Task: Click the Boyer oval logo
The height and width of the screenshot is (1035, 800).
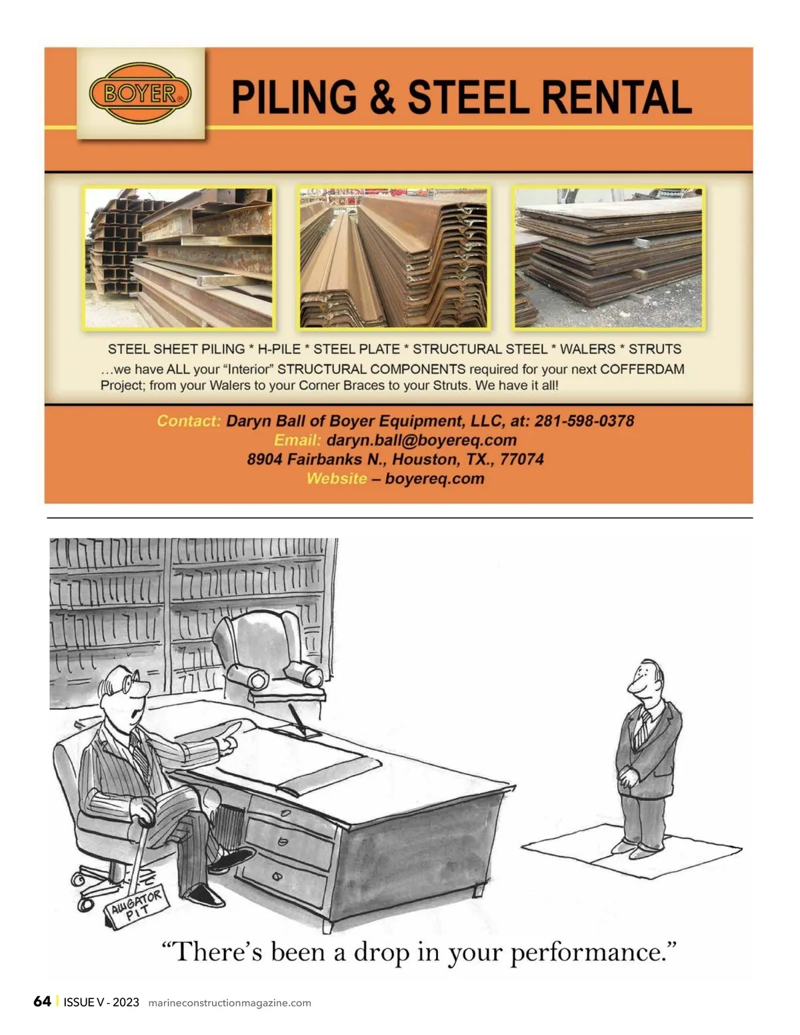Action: point(140,93)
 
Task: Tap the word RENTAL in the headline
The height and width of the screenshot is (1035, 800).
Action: point(617,97)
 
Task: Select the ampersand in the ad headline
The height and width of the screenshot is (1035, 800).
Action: point(382,97)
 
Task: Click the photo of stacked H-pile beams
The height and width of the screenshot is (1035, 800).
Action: point(179,258)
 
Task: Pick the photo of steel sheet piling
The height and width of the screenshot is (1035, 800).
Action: point(393,258)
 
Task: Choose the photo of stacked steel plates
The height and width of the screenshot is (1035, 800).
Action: point(609,258)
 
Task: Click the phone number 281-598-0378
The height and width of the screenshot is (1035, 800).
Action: point(584,421)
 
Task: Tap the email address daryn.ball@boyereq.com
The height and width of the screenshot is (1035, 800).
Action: point(421,440)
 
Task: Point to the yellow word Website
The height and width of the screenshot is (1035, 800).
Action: point(337,479)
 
